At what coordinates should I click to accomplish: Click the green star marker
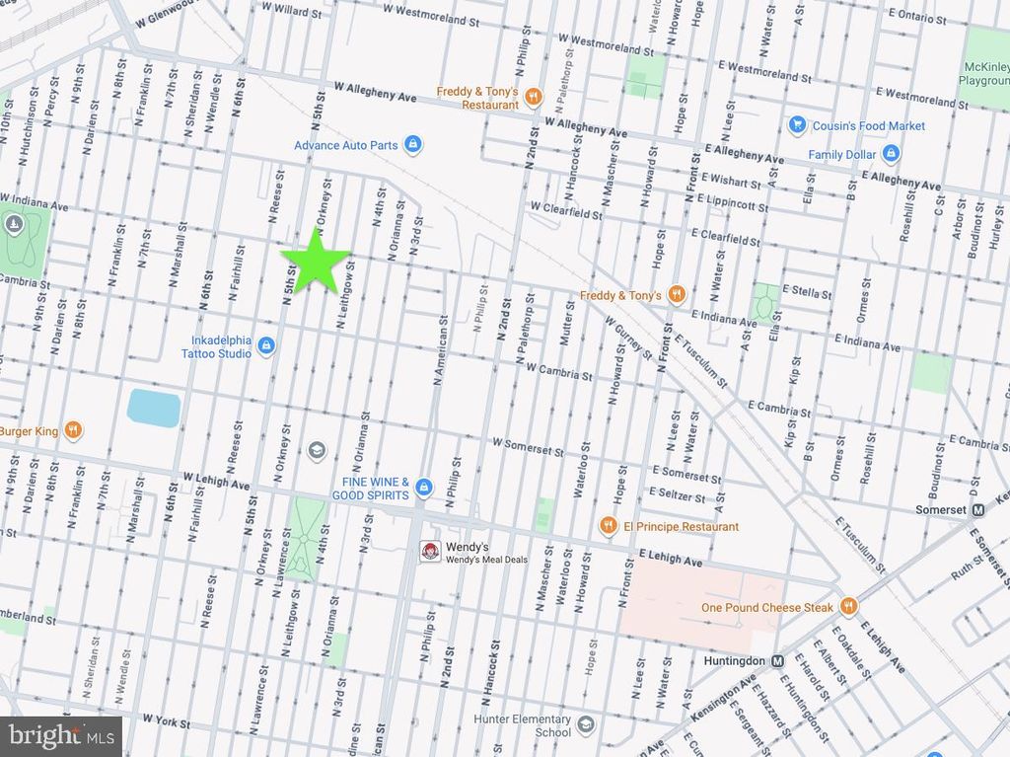[x=316, y=259]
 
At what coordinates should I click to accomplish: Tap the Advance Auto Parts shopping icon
[x=414, y=145]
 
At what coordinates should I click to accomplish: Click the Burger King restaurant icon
[x=72, y=430]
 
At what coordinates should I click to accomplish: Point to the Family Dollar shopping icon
[x=891, y=154]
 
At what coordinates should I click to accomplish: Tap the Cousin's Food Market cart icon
[x=797, y=125]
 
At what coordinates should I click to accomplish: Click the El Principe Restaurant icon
[x=609, y=526]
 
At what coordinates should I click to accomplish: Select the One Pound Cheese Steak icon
[x=847, y=607]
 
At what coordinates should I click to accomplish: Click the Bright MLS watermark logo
[x=61, y=735]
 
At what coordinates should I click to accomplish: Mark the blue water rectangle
[x=154, y=408]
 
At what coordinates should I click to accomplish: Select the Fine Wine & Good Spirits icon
[x=424, y=487]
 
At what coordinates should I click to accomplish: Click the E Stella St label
[x=806, y=293]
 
